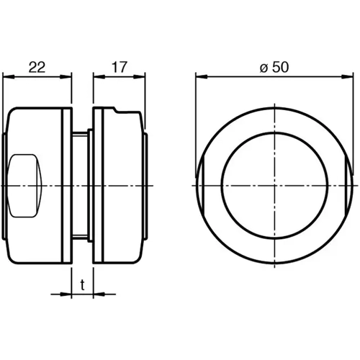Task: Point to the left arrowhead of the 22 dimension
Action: pos(7,77)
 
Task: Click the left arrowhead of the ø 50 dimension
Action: pos(200,77)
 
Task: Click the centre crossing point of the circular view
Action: pos(274,185)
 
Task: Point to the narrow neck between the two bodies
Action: pos(81,185)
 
